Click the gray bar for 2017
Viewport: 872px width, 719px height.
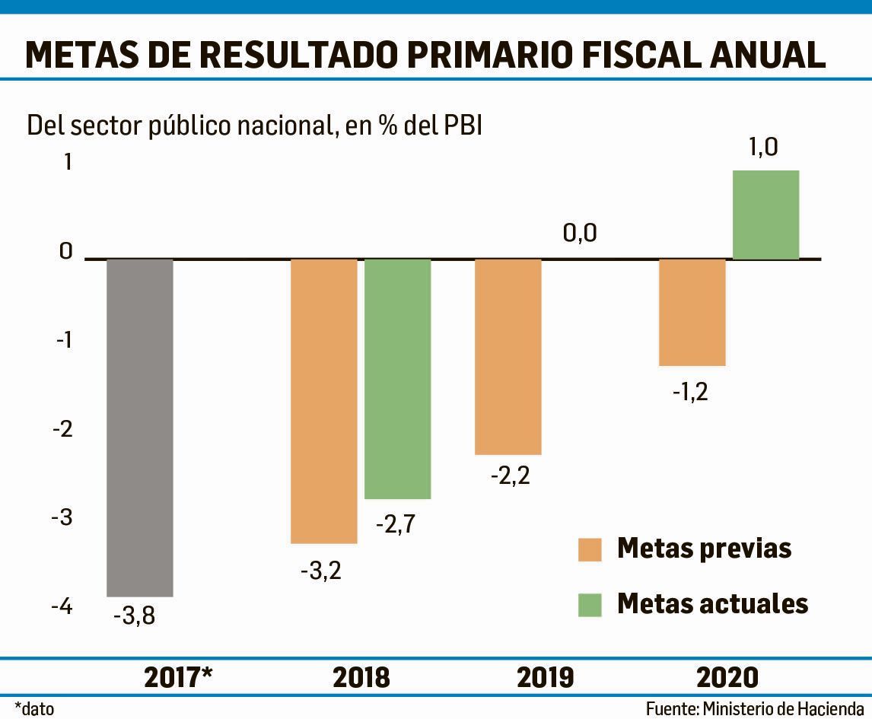(139, 428)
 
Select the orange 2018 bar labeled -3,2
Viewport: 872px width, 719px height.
(324, 401)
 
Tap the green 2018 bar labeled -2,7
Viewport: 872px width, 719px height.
(397, 379)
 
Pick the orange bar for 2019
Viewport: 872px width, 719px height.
(508, 356)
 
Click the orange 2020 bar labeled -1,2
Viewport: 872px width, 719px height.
(692, 312)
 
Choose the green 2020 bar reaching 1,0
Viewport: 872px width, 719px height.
(765, 215)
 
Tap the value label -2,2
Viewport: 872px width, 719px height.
(508, 476)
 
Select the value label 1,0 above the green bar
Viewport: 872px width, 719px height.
(763, 147)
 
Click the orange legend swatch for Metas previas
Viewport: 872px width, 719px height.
(590, 549)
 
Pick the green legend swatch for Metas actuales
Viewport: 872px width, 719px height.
(590, 604)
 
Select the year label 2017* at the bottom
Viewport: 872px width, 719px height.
(178, 676)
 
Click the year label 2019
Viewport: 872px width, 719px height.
(545, 676)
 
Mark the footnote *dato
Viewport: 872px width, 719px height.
(34, 708)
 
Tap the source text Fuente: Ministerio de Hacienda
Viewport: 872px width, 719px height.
(755, 708)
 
